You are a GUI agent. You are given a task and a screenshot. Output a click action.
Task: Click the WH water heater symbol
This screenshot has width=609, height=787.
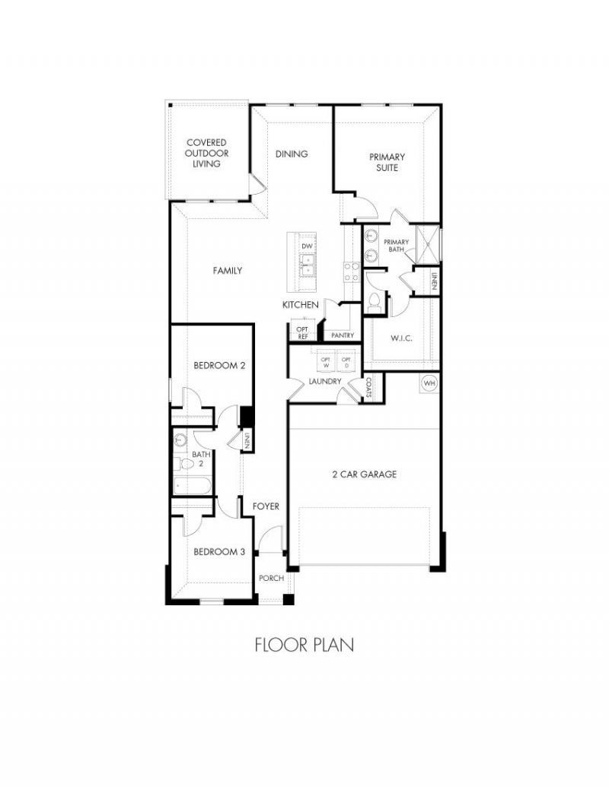(429, 383)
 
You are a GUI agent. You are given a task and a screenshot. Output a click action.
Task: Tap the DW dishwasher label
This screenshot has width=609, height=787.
(307, 246)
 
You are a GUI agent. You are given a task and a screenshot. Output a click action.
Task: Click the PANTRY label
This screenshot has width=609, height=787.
(343, 335)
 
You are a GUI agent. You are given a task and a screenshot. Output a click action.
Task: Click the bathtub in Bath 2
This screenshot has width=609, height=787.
(192, 486)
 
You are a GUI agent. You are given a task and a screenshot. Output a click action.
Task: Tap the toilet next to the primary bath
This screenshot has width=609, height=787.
(373, 301)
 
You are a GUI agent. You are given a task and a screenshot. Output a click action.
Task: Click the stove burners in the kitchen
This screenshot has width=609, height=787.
(351, 271)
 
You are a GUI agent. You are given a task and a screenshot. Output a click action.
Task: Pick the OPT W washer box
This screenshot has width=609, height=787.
(326, 363)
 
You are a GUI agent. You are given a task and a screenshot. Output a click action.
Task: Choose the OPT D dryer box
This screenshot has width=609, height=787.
(346, 363)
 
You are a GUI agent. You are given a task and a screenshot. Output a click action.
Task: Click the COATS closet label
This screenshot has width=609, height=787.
(368, 388)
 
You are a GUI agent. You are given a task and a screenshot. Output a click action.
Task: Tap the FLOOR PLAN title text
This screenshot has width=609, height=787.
(304, 645)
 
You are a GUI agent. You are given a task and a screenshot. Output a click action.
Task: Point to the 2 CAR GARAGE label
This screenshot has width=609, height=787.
(365, 474)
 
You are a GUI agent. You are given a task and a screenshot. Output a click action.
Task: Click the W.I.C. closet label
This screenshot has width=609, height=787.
(401, 338)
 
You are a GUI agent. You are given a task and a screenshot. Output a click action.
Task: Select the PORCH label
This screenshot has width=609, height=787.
(271, 578)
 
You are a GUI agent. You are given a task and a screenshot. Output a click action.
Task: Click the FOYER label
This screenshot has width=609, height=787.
(266, 506)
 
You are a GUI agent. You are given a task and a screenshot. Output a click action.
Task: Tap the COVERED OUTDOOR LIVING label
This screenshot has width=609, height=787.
(206, 153)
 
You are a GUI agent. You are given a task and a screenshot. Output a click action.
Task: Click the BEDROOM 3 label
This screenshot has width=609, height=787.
(219, 551)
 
